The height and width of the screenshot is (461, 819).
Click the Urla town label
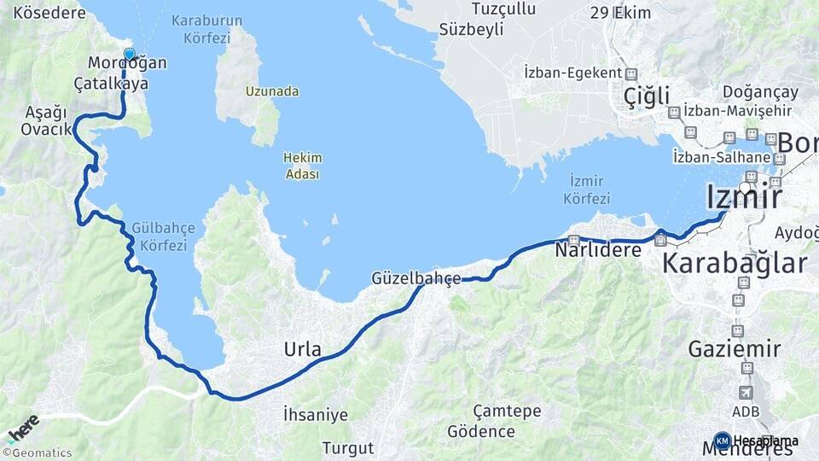[x=303, y=349]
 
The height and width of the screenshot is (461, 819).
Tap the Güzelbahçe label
[x=416, y=278]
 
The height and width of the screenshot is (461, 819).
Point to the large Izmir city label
[x=744, y=197]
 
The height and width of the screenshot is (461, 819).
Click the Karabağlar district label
[x=734, y=263]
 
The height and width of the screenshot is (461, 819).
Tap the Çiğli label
[x=646, y=95]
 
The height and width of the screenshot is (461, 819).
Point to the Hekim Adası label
[x=302, y=166]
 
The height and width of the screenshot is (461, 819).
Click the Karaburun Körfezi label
[x=206, y=28]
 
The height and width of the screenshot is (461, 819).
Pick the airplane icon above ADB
[x=746, y=392]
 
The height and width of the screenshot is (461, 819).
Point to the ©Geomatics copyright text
[x=38, y=453]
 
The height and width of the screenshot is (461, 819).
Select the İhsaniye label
[x=316, y=415]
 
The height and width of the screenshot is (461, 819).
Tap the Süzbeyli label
[x=471, y=28]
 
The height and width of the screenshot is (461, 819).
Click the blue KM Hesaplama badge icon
[x=722, y=441]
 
